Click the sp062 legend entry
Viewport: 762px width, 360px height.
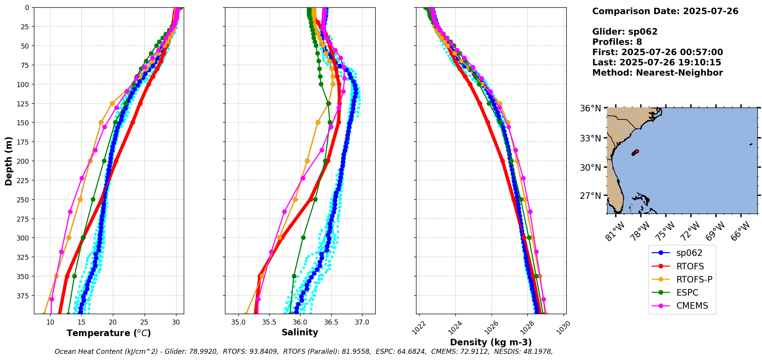[x=689, y=253]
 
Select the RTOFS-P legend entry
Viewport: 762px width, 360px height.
[x=694, y=279]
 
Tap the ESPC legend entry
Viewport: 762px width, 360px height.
[x=687, y=293]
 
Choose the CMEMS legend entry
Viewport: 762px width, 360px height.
[x=692, y=306]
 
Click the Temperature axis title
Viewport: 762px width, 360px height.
[x=109, y=333]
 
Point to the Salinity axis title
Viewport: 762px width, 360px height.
[x=300, y=332]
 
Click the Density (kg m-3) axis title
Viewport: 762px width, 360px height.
[x=491, y=342]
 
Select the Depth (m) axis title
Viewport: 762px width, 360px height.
[x=9, y=161]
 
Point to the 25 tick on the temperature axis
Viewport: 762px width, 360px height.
[x=144, y=322]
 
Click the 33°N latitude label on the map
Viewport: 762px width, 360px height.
[x=590, y=138]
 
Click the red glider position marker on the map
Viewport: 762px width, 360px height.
[x=637, y=151]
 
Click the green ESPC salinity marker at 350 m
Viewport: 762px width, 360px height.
[x=294, y=276]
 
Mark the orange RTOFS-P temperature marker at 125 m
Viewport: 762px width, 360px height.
[x=112, y=103]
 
